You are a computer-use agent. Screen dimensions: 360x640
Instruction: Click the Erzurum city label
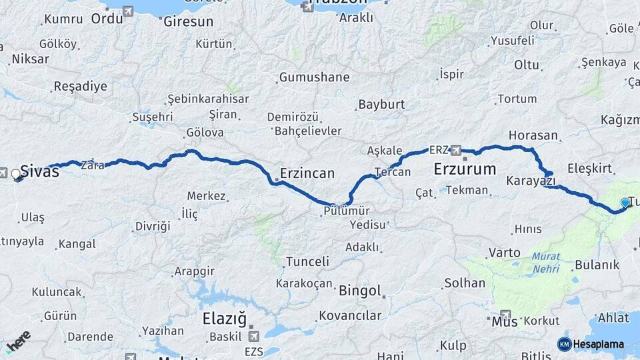click(465, 169)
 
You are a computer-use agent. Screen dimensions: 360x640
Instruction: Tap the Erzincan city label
click(307, 173)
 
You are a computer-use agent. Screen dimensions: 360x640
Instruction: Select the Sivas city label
click(40, 171)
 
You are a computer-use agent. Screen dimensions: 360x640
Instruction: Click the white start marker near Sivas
click(17, 175)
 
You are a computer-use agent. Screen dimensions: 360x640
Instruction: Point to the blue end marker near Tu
click(625, 203)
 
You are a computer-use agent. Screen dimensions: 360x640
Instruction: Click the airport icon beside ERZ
click(457, 149)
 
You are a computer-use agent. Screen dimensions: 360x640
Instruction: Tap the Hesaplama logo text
click(598, 344)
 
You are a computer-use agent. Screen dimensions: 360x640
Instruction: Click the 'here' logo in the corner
click(18, 342)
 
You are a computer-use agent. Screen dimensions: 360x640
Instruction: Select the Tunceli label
click(307, 262)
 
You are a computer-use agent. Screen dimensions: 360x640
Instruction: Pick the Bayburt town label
click(381, 105)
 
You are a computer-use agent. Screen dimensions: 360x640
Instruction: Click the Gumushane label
click(314, 77)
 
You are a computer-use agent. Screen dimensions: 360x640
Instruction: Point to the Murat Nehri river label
click(546, 263)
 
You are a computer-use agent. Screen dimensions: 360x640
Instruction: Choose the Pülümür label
click(346, 210)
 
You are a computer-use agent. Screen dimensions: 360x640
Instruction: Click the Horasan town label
click(533, 135)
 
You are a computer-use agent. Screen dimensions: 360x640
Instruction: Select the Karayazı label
click(531, 181)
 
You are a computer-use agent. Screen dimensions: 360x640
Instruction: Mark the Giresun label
click(189, 22)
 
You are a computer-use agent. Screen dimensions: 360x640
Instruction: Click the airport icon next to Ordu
click(127, 11)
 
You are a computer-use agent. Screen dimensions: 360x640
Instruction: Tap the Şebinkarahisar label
click(208, 99)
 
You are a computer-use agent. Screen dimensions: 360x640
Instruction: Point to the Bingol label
click(360, 291)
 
